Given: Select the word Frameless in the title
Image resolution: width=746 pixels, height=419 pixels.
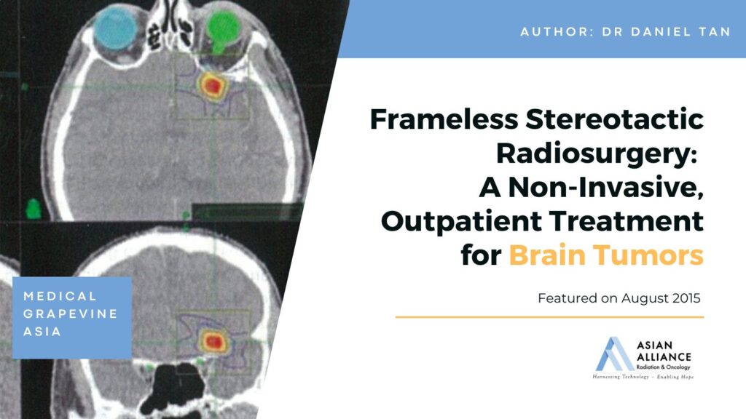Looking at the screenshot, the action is pos(444,119).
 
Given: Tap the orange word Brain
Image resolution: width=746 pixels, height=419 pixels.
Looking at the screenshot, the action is pos(547,255).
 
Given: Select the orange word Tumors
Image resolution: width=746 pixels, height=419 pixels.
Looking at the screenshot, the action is pos(648,255).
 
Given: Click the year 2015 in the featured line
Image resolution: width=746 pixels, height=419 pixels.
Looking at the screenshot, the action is pos(686,298).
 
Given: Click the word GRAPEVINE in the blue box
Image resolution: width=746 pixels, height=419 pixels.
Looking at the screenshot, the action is pos(71,314).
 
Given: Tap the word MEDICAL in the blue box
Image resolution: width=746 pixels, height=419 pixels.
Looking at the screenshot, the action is pos(60,297).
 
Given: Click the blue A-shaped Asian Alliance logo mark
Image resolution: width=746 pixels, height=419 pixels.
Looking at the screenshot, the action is pos(614,354).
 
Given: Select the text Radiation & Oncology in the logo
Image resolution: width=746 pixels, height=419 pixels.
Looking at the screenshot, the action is pos(663,367).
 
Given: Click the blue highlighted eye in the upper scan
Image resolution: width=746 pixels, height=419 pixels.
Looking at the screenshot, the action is pos(116,28).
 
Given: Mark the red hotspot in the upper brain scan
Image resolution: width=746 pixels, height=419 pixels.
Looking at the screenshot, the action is pos(213,85).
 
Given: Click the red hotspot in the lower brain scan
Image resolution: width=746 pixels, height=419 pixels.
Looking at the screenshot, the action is pos(213,342).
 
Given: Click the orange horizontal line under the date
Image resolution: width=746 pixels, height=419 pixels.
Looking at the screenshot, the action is pos(549,317).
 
